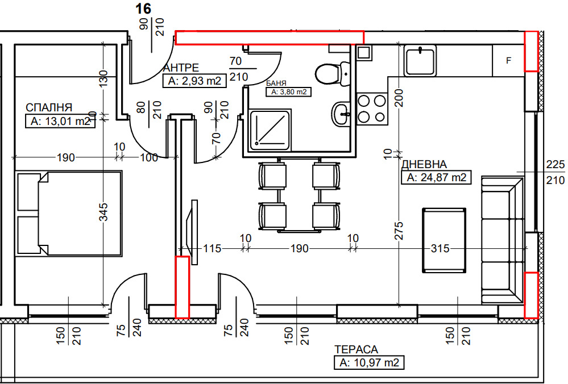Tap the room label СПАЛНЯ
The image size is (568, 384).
pyautogui.click(x=48, y=107)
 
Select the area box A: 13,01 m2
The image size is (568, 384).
pyautogui.click(x=60, y=121)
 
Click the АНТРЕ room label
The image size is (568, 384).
pyautogui.click(x=181, y=68)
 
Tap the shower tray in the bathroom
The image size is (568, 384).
pyautogui.click(x=271, y=131)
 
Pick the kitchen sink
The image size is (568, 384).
pyautogui.click(x=420, y=60)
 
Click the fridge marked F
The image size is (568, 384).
pyautogui.click(x=508, y=60)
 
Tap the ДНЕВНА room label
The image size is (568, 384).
pyautogui.click(x=428, y=165)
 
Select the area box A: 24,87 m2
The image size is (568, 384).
pyautogui.click(x=436, y=178)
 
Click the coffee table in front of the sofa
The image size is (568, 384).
pyautogui.click(x=444, y=241)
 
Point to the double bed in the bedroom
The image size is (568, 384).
pyautogui.click(x=69, y=214)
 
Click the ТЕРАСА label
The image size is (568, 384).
pyautogui.click(x=356, y=349)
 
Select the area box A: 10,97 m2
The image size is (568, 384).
pyautogui.click(x=369, y=362)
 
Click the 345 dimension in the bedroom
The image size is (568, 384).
pyautogui.click(x=103, y=214)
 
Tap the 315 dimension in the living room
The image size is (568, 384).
pyautogui.click(x=440, y=248)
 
